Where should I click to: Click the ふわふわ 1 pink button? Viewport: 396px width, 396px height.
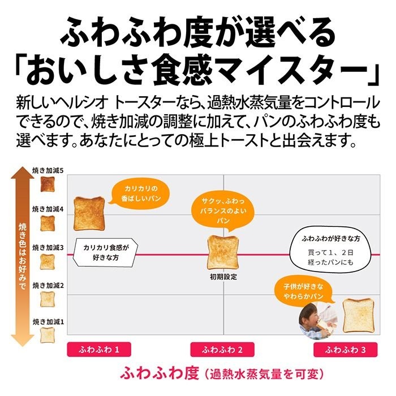pos(99,350)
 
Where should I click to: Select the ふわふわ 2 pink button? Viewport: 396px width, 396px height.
pos(222,350)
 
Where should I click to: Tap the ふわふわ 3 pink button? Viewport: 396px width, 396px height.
pos(346,350)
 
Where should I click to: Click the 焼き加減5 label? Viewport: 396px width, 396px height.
pos(48,171)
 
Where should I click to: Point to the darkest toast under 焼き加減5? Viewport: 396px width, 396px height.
pos(48,184)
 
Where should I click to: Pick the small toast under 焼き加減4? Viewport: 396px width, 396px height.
pos(48,223)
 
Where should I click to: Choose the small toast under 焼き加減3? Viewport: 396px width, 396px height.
pos(48,261)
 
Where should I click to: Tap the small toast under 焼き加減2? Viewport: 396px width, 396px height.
pos(48,299)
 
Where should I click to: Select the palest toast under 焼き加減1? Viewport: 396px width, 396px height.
pos(47,335)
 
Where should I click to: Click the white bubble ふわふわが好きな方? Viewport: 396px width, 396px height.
pos(330,250)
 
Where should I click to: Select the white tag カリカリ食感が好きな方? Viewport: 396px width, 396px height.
pos(106,252)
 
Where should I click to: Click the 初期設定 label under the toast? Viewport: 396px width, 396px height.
pos(223,277)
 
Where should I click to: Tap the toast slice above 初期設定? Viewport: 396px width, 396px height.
pos(223,253)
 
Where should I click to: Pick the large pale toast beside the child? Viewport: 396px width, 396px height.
pos(359,316)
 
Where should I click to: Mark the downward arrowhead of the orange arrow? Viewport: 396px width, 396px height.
pos(23,341)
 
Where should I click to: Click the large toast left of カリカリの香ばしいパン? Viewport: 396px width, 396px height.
pos(89,214)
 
